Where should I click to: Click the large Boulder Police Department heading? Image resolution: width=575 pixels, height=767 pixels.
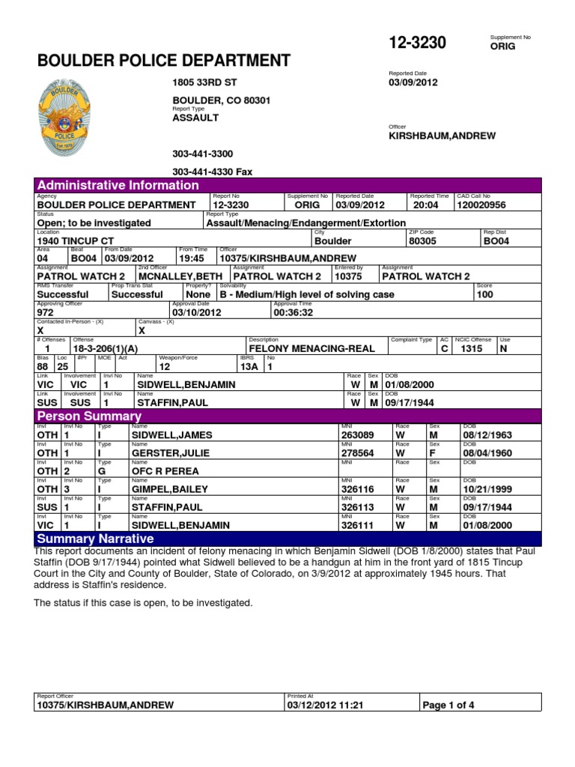(163, 60)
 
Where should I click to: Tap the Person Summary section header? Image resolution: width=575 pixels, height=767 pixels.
(89, 416)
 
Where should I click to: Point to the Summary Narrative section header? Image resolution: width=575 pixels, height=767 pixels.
(95, 539)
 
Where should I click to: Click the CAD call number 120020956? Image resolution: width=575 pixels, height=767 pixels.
(481, 204)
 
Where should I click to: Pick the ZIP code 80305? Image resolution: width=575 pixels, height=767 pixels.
(424, 241)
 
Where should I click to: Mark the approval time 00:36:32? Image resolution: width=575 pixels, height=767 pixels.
(293, 312)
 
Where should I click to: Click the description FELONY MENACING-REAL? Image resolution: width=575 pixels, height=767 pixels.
(318, 348)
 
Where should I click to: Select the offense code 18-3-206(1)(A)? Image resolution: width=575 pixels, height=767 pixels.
(106, 348)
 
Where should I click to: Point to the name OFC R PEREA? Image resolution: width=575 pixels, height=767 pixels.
(165, 471)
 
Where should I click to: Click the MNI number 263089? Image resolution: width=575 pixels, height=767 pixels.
(356, 434)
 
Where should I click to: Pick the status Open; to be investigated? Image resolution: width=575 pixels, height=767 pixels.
(94, 222)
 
